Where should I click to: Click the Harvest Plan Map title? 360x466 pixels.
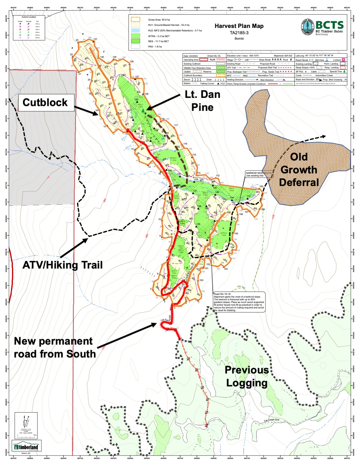click(x=239, y=26)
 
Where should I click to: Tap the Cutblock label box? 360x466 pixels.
click(x=45, y=103)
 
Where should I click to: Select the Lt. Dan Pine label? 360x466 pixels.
click(x=202, y=101)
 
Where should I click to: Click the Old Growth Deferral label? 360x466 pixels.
click(x=299, y=170)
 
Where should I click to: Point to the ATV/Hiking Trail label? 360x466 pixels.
click(x=62, y=265)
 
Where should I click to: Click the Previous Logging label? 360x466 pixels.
click(x=247, y=376)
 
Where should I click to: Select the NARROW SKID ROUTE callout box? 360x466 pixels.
click(x=259, y=174)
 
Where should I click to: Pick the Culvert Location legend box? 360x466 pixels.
click(x=29, y=28)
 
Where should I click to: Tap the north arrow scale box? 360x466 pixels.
click(x=26, y=424)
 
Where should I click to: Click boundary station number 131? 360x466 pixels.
click(x=95, y=39)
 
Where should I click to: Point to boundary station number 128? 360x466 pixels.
click(x=131, y=62)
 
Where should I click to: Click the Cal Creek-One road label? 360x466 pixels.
click(x=271, y=420)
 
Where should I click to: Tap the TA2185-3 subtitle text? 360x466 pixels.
click(x=239, y=33)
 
